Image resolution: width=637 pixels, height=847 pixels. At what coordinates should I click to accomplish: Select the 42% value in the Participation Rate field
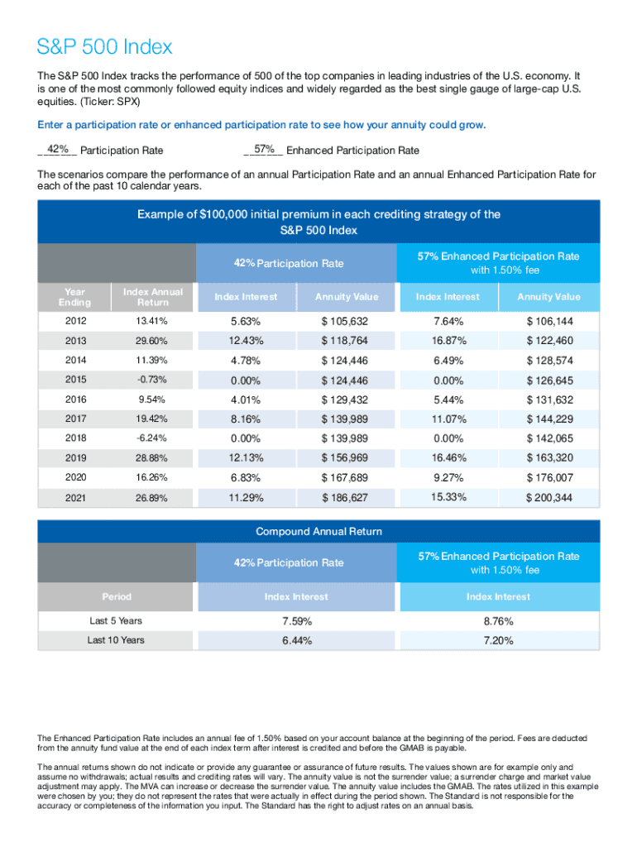point(58,150)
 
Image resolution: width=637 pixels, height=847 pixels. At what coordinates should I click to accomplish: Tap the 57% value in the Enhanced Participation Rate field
point(264,150)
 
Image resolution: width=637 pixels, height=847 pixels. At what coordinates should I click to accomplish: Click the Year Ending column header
point(74,297)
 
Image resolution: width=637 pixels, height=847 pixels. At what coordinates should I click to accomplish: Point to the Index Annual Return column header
point(153,297)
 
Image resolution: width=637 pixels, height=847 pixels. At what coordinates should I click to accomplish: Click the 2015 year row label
point(74,380)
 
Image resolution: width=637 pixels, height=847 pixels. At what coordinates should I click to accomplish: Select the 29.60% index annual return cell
point(153,340)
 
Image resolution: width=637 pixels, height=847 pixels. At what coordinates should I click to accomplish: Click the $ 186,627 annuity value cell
point(346,498)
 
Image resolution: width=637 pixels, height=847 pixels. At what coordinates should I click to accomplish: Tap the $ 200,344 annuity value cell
point(549,498)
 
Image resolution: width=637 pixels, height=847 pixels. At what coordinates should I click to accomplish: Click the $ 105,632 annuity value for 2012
point(346,321)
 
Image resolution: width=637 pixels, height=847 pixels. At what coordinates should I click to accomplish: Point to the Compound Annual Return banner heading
point(318,531)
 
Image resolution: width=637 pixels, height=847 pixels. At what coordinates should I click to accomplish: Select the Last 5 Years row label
point(116,620)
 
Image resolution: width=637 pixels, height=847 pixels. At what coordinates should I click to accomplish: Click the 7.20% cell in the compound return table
point(497,640)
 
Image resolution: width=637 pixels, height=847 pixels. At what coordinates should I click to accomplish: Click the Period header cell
point(116,596)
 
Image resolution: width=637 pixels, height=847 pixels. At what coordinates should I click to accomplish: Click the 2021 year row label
point(74,498)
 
